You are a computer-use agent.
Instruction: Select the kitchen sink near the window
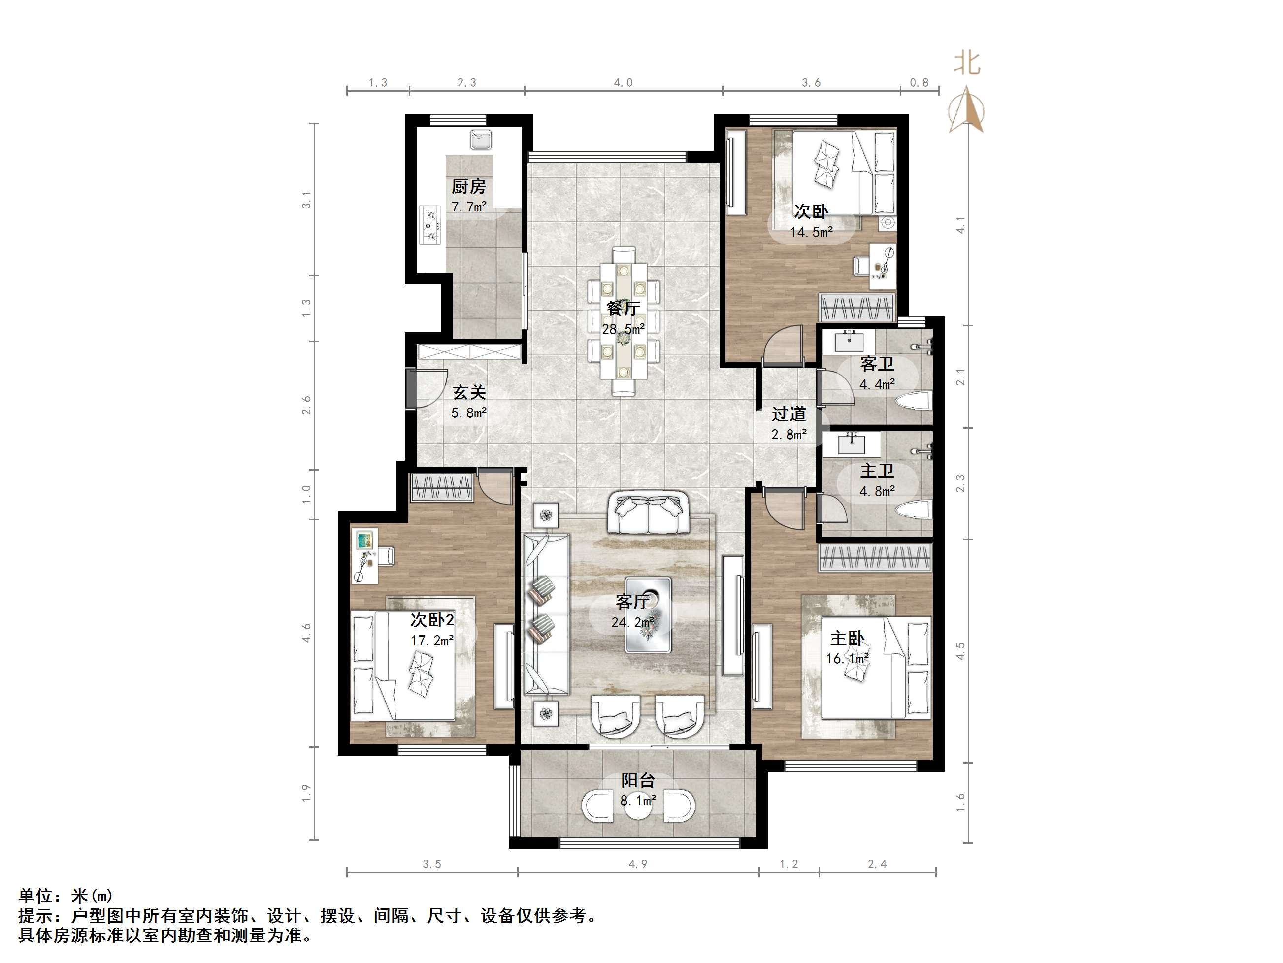[x=481, y=140]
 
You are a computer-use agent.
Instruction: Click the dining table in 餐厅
[x=624, y=321]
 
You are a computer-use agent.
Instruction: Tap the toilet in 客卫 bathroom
[x=914, y=401]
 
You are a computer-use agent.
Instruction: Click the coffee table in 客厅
[x=648, y=615]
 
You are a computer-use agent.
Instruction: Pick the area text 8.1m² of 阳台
[x=638, y=801]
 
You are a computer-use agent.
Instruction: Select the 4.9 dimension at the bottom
[x=637, y=864]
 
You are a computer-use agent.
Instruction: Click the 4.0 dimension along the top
[x=623, y=83]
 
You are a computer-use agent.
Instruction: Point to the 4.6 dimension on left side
[x=306, y=632]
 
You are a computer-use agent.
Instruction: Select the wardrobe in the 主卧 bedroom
[x=875, y=557]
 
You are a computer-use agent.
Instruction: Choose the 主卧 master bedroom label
[x=847, y=639]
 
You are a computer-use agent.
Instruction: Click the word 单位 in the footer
[x=36, y=895]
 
